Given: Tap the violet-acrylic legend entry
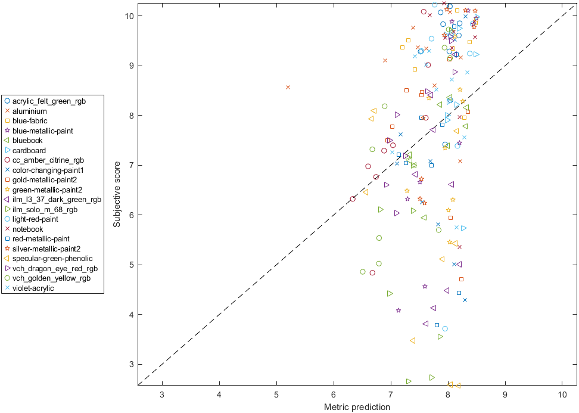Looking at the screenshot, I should click(33, 288).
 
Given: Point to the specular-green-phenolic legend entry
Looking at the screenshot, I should click(52, 259).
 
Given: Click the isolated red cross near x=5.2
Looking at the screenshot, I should click(288, 88).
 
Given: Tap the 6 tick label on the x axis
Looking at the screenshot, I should click(334, 395).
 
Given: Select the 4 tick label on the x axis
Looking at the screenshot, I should click(219, 395).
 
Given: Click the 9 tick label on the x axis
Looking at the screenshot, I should click(505, 395).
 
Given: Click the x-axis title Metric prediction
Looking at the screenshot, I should click(357, 407).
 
